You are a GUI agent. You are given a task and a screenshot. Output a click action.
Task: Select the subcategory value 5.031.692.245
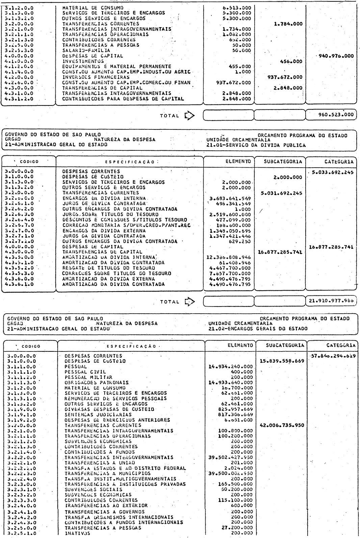[280, 193]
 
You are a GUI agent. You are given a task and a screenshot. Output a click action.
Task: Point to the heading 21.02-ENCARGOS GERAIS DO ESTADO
[258, 328]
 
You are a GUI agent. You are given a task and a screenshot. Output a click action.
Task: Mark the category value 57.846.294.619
[333, 356]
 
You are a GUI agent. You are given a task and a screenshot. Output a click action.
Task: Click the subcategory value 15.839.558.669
[281, 361]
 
